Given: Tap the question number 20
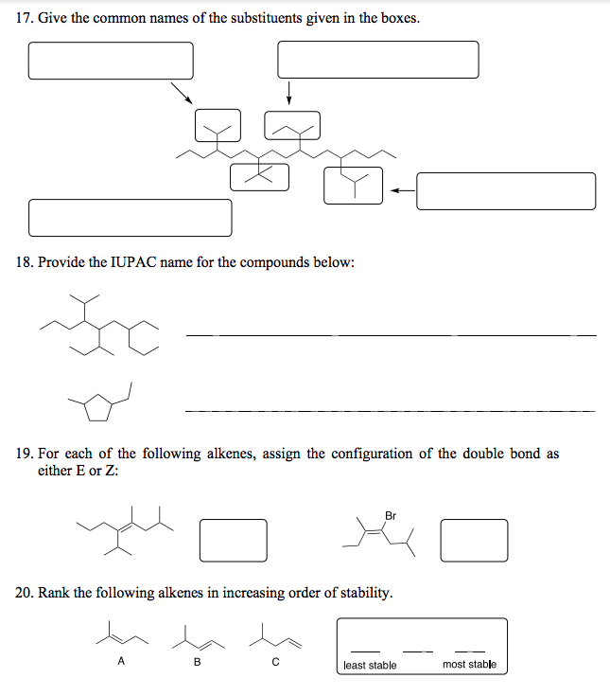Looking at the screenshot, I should coord(25,593).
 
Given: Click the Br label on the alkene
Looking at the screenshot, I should coord(391,515).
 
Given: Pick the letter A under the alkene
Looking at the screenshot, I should coord(120,662).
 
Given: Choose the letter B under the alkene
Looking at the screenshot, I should coord(197,662).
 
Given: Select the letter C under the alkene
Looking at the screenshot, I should coord(274,662).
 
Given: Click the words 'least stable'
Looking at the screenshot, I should coord(370,665).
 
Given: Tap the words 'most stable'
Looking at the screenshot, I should coord(469,665).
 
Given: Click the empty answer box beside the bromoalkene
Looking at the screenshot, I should coord(474,539).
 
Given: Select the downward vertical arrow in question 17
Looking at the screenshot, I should coord(288,93).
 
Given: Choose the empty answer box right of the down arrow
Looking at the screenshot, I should coord(377,60).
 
